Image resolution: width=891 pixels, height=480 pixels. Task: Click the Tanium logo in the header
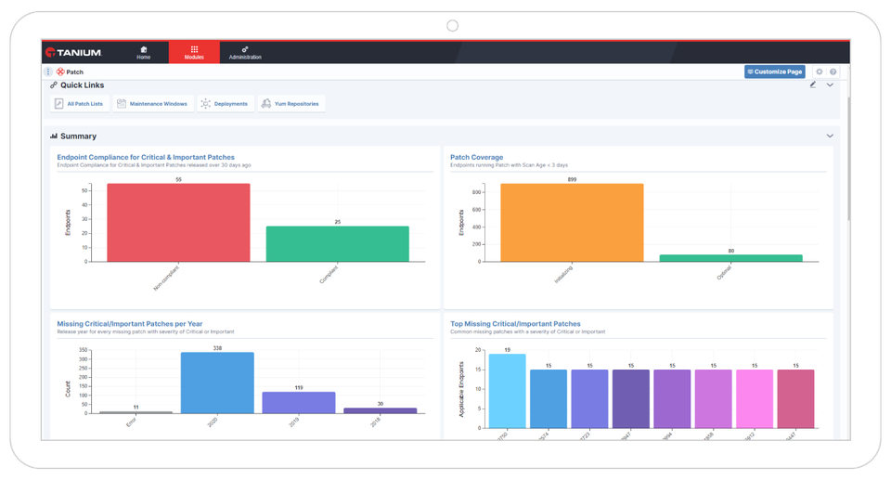(x=72, y=53)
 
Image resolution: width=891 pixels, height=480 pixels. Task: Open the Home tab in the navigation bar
(x=144, y=52)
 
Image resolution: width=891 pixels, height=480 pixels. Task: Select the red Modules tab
(x=194, y=52)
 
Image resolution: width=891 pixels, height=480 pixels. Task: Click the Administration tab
(x=245, y=52)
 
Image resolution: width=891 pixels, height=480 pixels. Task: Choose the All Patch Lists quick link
(x=79, y=104)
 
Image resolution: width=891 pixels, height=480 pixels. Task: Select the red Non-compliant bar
(x=178, y=223)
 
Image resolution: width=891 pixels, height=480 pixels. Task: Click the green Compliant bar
(x=337, y=243)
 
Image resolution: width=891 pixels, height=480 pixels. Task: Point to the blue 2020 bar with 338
(x=217, y=383)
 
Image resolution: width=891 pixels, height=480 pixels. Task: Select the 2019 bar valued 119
(x=298, y=402)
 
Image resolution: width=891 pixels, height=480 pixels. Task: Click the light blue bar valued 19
(x=507, y=383)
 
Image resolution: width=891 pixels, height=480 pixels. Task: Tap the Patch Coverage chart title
(x=476, y=157)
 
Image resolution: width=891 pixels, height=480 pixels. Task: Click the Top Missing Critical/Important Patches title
(x=515, y=324)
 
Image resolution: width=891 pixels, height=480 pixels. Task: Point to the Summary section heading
(x=78, y=136)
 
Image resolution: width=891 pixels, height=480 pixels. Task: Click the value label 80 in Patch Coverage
(x=730, y=251)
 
